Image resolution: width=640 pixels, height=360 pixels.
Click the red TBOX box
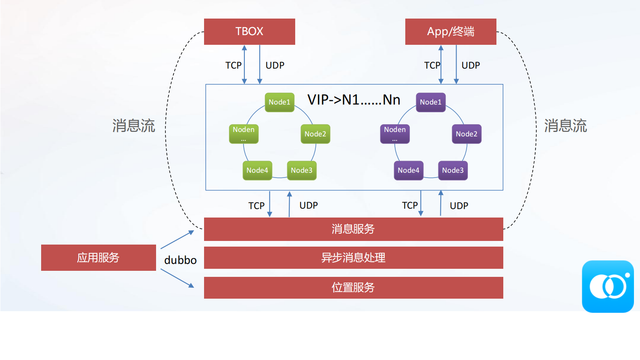(249, 31)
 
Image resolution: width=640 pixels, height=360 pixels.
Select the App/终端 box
(450, 31)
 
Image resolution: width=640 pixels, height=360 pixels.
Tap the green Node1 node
(279, 102)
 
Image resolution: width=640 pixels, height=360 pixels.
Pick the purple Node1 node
(430, 102)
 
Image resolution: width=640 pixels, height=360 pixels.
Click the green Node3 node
(301, 170)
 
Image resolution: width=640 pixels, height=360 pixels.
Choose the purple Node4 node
(408, 170)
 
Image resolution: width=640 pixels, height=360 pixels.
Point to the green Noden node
(244, 134)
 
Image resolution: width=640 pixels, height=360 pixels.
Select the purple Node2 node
(466, 134)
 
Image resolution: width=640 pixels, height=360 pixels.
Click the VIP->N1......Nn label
(354, 100)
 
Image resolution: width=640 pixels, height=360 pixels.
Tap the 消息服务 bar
(353, 229)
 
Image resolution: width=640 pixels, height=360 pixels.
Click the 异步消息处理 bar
(353, 257)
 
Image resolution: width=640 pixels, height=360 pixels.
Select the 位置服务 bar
(353, 287)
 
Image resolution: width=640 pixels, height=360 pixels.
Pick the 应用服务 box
(98, 257)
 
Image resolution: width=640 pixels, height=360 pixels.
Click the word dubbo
(180, 260)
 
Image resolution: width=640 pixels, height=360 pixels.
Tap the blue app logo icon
(608, 286)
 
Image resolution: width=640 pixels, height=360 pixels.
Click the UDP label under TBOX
(275, 65)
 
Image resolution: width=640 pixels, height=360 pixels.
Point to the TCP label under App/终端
(432, 65)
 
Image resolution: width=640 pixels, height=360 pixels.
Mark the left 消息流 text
(133, 126)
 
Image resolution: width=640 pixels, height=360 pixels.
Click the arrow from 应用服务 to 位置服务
(177, 278)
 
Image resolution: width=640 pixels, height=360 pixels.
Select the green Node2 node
(315, 134)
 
